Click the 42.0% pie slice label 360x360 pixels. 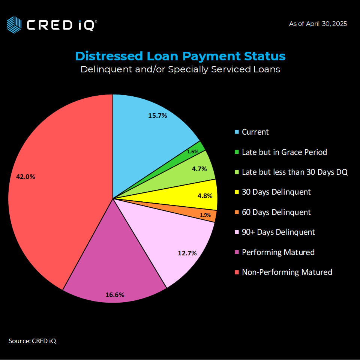point(25,177)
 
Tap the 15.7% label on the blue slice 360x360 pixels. point(157,115)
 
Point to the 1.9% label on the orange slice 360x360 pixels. point(205,215)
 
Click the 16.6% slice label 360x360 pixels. point(115,295)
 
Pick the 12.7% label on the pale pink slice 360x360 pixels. point(187,253)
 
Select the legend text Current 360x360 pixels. point(255,132)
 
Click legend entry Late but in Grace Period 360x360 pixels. point(284,152)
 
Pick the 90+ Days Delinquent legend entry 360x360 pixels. point(278,232)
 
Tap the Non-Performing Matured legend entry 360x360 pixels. point(287,272)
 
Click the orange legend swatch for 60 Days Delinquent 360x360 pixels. point(237,212)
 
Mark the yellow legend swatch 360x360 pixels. point(237,192)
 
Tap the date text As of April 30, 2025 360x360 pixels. point(318,24)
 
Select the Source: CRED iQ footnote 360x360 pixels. point(33,341)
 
